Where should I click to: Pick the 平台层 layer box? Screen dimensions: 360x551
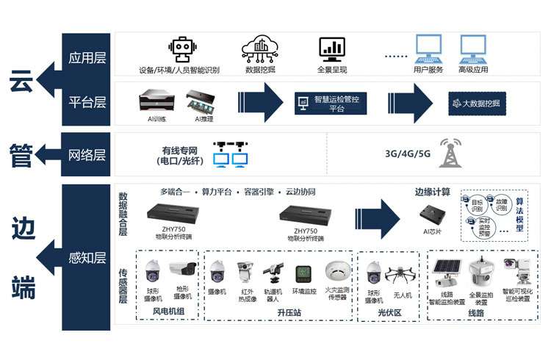(x=86, y=103)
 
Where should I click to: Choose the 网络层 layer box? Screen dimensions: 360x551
(x=86, y=154)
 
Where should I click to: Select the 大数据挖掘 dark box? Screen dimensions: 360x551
(x=478, y=103)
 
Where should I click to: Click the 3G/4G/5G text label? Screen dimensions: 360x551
(x=408, y=154)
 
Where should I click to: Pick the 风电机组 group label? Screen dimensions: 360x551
(x=169, y=312)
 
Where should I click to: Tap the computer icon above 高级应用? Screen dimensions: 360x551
(x=472, y=49)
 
